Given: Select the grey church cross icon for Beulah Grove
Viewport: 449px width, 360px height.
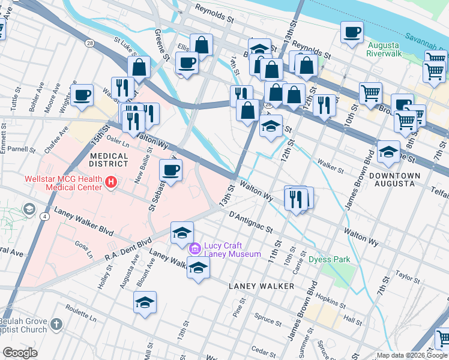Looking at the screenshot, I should [56, 325].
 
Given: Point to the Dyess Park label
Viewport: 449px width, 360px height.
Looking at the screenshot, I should [329, 260].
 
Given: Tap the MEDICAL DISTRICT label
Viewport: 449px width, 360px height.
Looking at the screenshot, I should [109, 160].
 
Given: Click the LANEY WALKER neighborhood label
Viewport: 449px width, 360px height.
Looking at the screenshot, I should [261, 286].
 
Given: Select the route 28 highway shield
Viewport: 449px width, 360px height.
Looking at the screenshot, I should [89, 43].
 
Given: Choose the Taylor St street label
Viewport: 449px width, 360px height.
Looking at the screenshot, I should [407, 279].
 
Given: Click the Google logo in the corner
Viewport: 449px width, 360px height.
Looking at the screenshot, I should [20, 353].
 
